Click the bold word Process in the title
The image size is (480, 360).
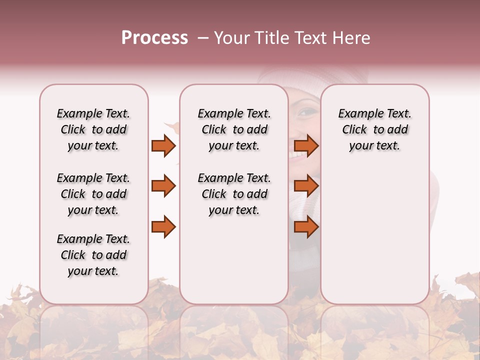click(x=154, y=38)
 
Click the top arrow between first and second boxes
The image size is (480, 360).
click(x=163, y=145)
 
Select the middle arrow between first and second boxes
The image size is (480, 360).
click(x=163, y=186)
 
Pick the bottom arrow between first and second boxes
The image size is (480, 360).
click(x=163, y=227)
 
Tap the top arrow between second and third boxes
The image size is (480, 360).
click(x=306, y=145)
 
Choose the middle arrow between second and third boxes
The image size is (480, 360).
click(x=306, y=186)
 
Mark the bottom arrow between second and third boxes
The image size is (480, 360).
click(x=306, y=227)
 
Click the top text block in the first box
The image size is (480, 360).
click(x=93, y=129)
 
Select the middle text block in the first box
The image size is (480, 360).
click(x=93, y=194)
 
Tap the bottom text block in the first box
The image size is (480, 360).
click(x=93, y=255)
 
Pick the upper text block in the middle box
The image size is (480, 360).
click(x=234, y=129)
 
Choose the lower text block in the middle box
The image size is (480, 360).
click(x=234, y=194)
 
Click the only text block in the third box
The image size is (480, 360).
click(x=374, y=129)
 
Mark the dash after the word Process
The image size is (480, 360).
click(x=203, y=38)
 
